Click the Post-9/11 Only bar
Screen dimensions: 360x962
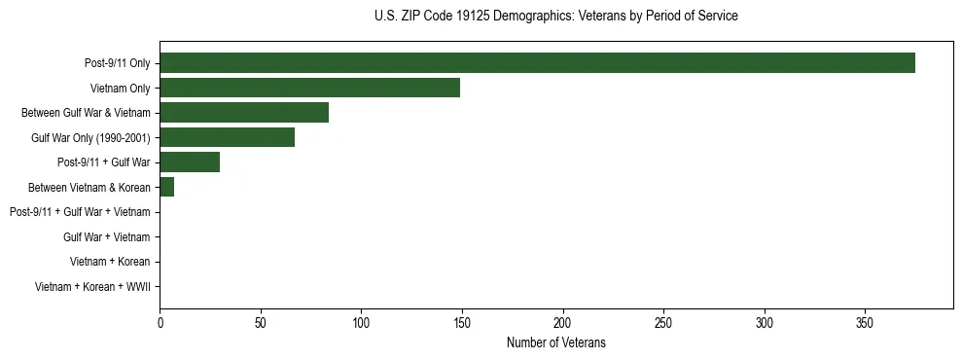tap(537, 63)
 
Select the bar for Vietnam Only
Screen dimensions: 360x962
tap(309, 88)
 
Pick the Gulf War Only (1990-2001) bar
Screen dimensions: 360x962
tap(227, 137)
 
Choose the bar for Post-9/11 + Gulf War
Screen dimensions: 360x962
tap(190, 162)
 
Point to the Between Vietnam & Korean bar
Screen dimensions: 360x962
tap(166, 187)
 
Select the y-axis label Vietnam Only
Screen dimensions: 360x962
tap(120, 89)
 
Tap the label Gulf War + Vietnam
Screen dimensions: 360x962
tap(106, 236)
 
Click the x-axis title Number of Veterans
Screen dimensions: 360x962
tap(555, 342)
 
